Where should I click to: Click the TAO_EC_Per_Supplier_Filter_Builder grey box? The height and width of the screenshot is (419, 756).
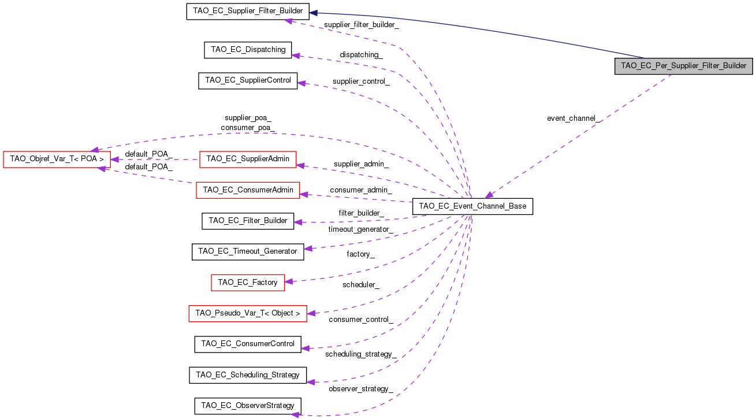pyautogui.click(x=683, y=66)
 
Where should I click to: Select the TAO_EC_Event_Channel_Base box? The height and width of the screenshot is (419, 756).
pyautogui.click(x=472, y=206)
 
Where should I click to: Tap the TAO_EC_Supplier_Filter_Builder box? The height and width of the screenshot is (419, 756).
pyautogui.click(x=248, y=11)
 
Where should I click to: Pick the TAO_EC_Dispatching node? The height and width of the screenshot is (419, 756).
pyautogui.click(x=248, y=50)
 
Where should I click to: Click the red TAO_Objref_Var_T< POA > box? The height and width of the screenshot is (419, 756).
pyautogui.click(x=57, y=160)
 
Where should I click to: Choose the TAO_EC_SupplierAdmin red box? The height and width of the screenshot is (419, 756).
pyautogui.click(x=248, y=160)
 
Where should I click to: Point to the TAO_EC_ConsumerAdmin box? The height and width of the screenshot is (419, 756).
pyautogui.click(x=248, y=190)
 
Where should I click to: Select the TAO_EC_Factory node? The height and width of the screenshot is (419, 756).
pyautogui.click(x=248, y=283)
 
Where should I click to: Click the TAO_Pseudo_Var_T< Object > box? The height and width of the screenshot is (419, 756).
pyautogui.click(x=248, y=313)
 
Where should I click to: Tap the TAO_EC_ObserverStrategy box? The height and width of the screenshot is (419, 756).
pyautogui.click(x=248, y=406)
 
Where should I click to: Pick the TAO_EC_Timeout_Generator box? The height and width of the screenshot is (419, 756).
pyautogui.click(x=248, y=252)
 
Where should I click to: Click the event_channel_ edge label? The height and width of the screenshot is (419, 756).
pyautogui.click(x=573, y=118)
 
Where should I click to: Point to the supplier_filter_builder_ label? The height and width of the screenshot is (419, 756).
pyautogui.click(x=362, y=25)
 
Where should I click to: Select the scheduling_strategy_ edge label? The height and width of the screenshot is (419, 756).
pyautogui.click(x=361, y=354)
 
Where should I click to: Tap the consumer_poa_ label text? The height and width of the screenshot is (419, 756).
pyautogui.click(x=248, y=128)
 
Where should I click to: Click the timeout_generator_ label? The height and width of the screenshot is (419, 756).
pyautogui.click(x=361, y=229)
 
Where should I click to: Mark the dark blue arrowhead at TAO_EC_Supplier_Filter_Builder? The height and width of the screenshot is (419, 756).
pyautogui.click(x=313, y=13)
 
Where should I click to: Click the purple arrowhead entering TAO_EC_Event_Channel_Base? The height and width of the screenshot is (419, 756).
pyautogui.click(x=489, y=195)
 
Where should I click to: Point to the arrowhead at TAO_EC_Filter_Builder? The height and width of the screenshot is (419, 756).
pyautogui.click(x=297, y=222)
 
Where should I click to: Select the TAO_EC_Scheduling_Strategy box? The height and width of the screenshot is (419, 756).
pyautogui.click(x=248, y=375)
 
